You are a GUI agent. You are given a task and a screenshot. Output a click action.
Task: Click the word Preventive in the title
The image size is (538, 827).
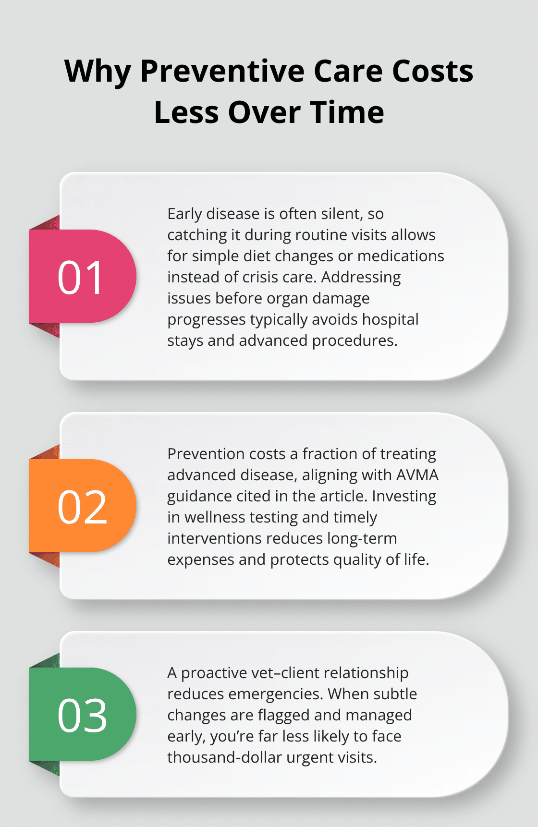point(222,71)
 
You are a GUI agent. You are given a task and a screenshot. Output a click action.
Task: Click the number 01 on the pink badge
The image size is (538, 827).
point(81,277)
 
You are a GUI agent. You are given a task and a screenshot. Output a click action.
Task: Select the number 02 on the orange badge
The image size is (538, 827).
point(82,507)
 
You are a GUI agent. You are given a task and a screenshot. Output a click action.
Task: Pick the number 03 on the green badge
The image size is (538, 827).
point(82,715)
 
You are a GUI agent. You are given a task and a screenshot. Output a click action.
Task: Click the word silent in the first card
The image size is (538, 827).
point(339,213)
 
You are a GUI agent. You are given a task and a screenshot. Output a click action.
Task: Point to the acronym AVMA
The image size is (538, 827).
point(417,474)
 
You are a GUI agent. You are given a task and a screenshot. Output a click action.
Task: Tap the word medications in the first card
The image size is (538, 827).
point(401,255)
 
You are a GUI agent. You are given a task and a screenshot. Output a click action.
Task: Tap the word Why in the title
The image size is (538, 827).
point(98,71)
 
